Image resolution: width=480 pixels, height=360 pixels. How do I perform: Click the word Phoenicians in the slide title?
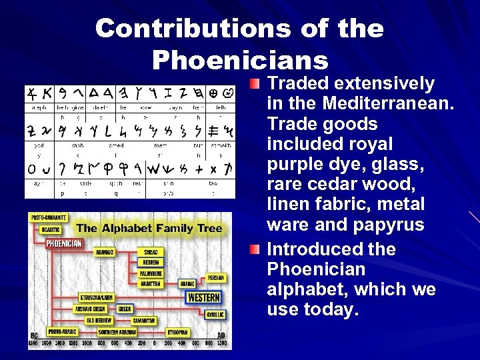point(240,59)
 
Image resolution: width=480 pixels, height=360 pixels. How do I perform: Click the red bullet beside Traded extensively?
point(257,85)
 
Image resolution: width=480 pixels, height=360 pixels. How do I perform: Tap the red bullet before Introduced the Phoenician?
point(257,249)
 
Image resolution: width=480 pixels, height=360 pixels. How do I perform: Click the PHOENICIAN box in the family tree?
point(64,243)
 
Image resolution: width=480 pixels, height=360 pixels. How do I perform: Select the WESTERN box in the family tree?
point(203,297)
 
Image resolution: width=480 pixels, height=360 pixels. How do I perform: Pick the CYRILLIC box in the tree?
point(215,314)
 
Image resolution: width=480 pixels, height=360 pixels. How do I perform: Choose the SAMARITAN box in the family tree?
point(143,320)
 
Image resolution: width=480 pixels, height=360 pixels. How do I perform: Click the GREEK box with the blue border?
point(124,309)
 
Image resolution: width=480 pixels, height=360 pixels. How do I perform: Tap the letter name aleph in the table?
point(36,107)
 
